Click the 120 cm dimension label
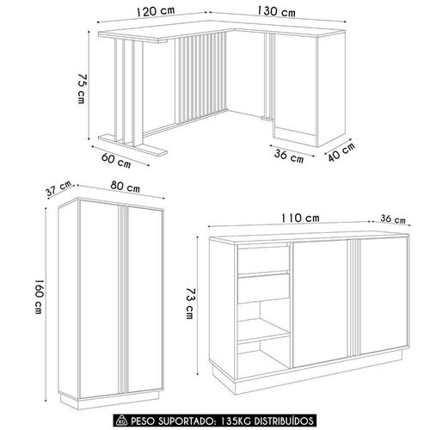[x=156, y=11]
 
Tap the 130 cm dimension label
[x=276, y=11]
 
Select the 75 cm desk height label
[x=82, y=89]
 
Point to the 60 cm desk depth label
[x=116, y=161]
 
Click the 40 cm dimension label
[x=341, y=151]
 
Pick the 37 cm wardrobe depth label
[x=58, y=188]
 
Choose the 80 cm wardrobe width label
[x=126, y=187]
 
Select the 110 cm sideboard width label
[x=300, y=218]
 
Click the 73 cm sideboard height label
[x=190, y=304]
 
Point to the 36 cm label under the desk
[x=289, y=157]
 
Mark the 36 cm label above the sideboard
[x=393, y=218]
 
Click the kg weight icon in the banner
[x=122, y=421]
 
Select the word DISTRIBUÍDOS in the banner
[x=284, y=421]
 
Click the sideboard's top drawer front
[x=263, y=260]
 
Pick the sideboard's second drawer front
[x=263, y=288]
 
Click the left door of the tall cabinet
[x=99, y=298]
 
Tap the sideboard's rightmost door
[x=384, y=295]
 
